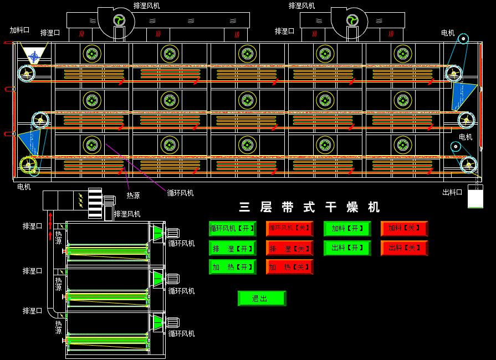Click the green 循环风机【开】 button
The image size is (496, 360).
click(232, 228)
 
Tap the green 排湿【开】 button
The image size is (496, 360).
click(232, 248)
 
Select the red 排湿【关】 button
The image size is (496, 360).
click(289, 248)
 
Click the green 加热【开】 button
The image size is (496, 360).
click(232, 267)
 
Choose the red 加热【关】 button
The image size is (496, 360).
click(289, 267)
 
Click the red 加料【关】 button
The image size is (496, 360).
click(404, 228)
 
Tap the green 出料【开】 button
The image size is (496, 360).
click(347, 248)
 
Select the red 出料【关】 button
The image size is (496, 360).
click(404, 248)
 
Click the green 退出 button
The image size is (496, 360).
click(261, 299)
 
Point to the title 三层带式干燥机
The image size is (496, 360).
click(310, 208)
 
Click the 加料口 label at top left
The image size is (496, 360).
click(20, 30)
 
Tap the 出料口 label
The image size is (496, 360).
click(452, 192)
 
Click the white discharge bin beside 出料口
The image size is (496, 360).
click(475, 197)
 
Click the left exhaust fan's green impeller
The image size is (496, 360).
click(119, 20)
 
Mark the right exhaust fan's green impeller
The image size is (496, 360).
click(351, 20)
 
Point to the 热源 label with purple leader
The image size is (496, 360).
click(133, 195)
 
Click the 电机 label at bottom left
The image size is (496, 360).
click(24, 187)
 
